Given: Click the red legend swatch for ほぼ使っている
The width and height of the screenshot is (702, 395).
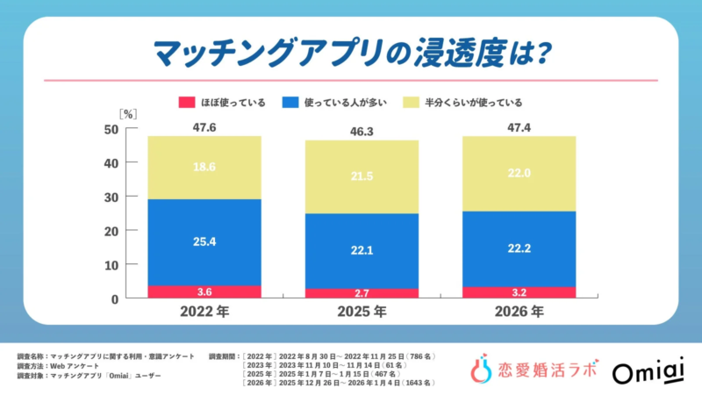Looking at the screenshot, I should (x=186, y=103).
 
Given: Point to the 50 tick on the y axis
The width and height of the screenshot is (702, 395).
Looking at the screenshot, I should (x=111, y=129).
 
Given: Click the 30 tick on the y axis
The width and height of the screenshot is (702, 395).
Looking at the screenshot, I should (x=111, y=197).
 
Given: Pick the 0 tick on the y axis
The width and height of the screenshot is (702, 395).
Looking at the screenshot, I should (x=114, y=298).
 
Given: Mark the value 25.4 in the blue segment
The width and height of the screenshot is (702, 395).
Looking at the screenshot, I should (x=204, y=242).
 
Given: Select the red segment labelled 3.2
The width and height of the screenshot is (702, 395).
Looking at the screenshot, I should (x=519, y=292).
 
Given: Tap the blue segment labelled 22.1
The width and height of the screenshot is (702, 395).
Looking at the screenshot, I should (x=361, y=251).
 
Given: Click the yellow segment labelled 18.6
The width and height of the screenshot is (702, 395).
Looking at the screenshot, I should (x=204, y=168).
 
